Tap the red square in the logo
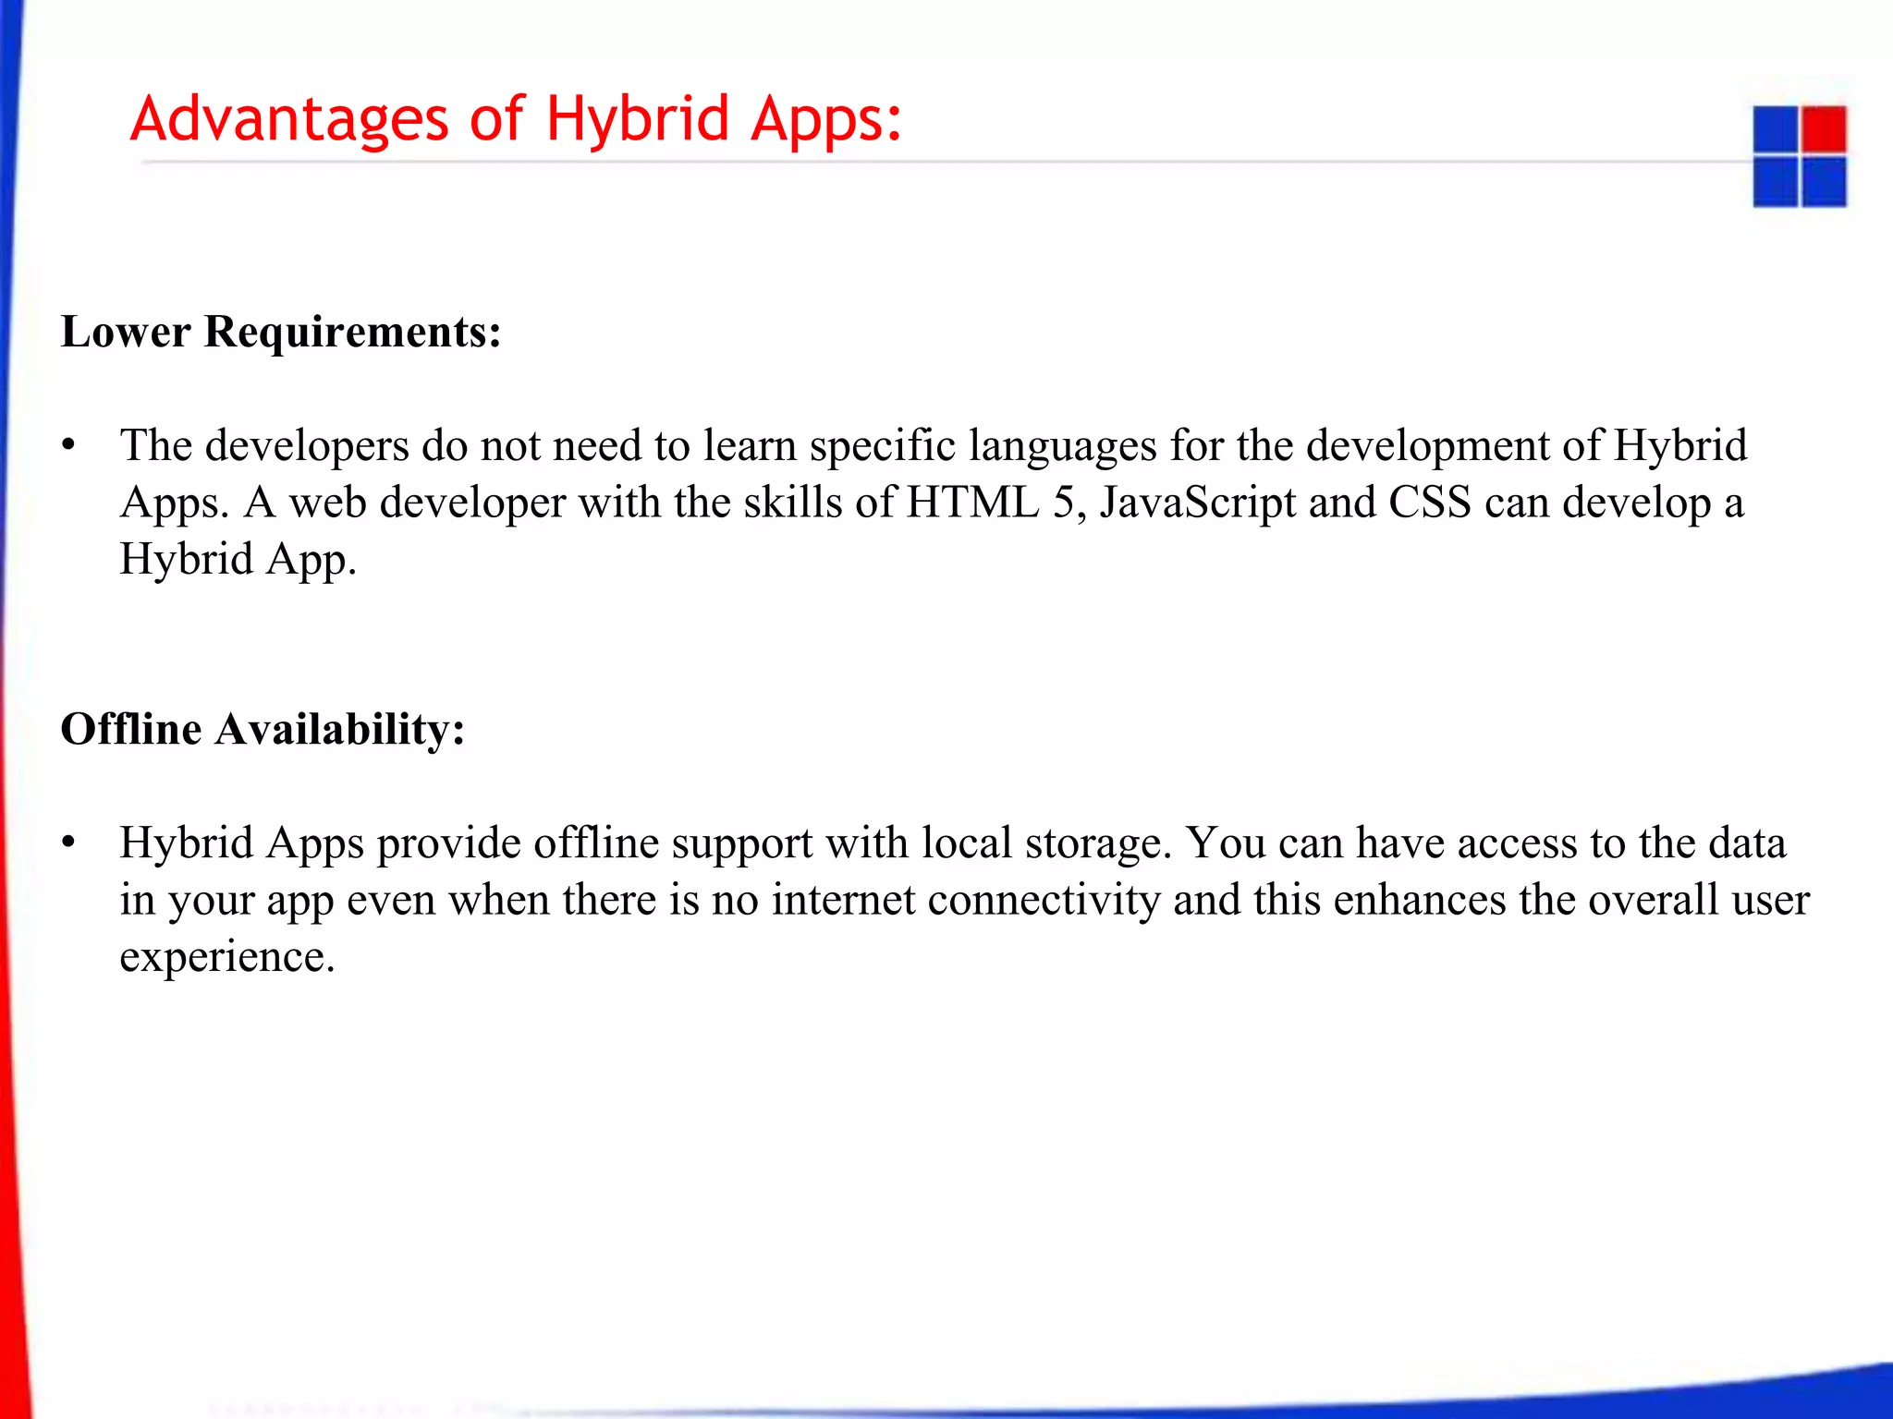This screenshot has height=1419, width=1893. coord(1824,128)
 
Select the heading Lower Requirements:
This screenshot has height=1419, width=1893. coord(281,332)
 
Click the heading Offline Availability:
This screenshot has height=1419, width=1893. coord(263,729)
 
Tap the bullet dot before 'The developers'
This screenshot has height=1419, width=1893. coord(68,446)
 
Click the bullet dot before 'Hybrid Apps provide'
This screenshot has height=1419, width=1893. coord(68,843)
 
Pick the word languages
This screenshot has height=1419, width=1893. coord(1063,447)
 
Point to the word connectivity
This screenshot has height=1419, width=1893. coord(1044,901)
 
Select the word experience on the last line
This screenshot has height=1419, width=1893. coord(226,958)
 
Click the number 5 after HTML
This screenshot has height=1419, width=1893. coord(1064,503)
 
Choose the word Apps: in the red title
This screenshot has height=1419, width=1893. coord(825,120)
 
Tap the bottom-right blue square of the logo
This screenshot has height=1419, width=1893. coord(1824,181)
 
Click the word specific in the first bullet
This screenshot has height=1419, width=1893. coord(882,447)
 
